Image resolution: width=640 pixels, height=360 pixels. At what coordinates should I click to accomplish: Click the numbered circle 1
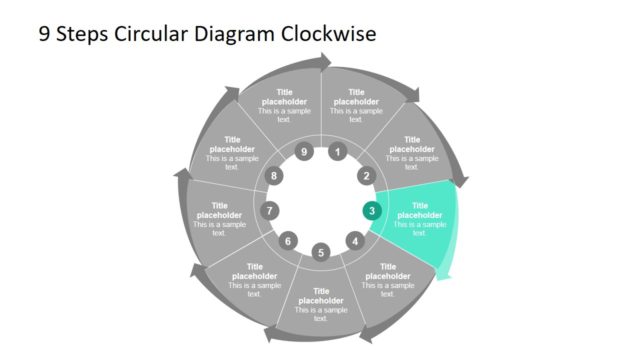point(338,153)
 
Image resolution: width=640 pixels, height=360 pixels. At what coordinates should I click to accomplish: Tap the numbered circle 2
point(365,176)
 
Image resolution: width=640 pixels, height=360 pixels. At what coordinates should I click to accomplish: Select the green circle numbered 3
point(372,211)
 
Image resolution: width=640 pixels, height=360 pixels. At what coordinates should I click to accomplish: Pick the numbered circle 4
point(354,241)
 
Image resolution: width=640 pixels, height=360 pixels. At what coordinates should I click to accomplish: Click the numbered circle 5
point(321,252)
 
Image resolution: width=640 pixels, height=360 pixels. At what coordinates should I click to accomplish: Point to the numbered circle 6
point(288,241)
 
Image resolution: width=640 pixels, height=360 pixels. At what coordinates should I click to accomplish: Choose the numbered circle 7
point(269,211)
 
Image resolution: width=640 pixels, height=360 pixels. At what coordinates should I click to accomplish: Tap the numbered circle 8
point(275,176)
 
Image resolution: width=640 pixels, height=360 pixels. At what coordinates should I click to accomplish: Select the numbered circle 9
point(304,153)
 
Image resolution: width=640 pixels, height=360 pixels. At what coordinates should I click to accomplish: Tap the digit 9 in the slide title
point(44,34)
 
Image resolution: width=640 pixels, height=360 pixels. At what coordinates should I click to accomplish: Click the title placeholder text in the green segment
point(419,210)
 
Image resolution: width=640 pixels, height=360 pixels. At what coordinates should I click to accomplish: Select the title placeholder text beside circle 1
point(356,97)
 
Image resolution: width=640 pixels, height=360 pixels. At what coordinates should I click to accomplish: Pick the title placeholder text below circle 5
point(321,297)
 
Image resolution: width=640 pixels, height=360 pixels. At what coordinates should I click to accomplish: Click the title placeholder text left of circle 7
point(219,210)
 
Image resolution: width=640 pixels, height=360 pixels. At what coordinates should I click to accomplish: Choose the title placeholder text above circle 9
point(284,97)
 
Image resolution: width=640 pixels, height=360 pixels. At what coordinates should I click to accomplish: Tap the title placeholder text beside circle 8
point(232,145)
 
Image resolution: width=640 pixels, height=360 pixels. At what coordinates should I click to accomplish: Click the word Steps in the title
point(84,34)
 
